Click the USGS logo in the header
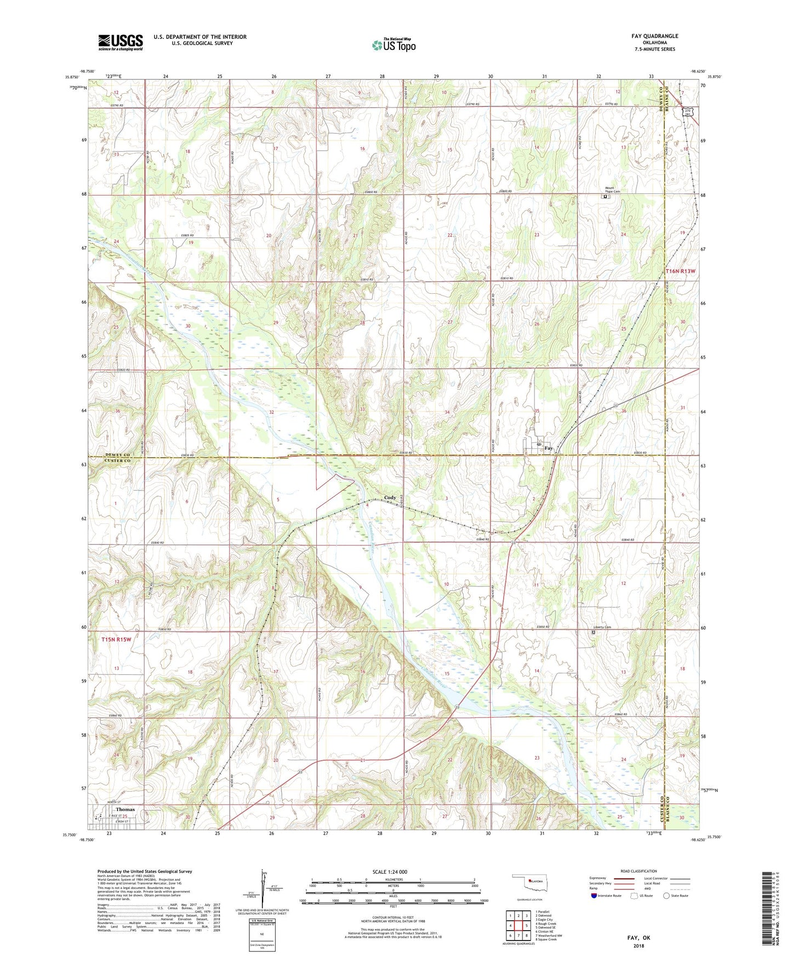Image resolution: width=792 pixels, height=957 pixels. click(121, 42)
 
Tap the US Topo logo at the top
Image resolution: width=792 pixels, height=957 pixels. click(393, 44)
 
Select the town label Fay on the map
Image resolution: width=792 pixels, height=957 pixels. click(549, 448)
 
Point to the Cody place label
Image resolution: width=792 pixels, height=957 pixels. click(390, 498)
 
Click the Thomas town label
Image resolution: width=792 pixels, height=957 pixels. click(125, 810)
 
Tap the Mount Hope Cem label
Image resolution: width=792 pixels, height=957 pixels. click(612, 190)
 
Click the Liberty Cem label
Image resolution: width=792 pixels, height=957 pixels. click(602, 627)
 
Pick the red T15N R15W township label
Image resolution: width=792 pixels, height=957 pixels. click(117, 639)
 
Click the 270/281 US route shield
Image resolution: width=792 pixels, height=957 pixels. click(687, 112)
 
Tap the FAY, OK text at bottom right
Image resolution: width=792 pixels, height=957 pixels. click(639, 938)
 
